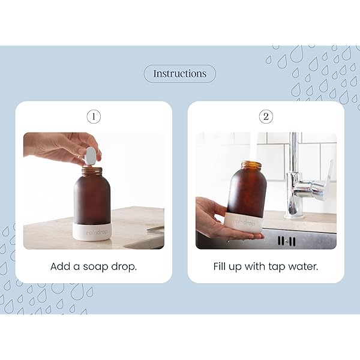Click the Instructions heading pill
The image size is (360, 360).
pos(179,74)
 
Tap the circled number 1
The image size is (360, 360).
pos(93,116)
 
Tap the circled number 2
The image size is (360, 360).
pos(266,116)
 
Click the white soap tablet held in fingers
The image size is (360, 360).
pos(91,155)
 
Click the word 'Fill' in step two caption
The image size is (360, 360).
pos(223,265)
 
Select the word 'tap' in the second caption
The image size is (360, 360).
pos(278,265)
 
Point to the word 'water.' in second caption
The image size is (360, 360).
pos(304,265)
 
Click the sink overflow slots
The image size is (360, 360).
pos(287,241)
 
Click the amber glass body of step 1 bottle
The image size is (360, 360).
pos(94,198)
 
